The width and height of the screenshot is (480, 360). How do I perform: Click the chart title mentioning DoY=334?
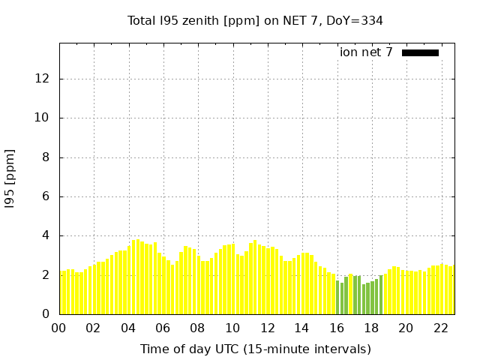255,20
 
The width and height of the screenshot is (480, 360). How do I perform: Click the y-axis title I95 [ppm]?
11,178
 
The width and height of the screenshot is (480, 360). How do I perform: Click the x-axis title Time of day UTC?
255,349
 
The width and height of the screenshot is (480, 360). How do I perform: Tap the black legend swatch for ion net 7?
420,52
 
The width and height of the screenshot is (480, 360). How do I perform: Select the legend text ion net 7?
366,52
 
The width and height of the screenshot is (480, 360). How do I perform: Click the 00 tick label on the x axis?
59,328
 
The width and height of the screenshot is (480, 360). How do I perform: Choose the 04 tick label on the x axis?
129,328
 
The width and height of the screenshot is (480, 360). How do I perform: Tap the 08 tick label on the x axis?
198,328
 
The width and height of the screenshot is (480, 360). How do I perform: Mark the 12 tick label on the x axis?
268,328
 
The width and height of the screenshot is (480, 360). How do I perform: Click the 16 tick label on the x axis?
337,328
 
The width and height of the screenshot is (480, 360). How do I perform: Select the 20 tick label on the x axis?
406,328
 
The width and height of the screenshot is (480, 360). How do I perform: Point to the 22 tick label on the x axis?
441,328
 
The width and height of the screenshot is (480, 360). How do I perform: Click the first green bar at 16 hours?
337,298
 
